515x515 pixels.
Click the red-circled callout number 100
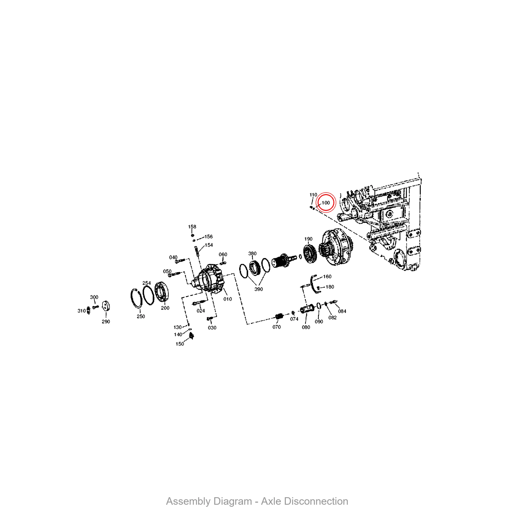point(325,203)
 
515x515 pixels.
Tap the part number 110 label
point(313,195)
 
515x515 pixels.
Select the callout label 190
point(308,239)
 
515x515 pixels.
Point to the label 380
point(252,253)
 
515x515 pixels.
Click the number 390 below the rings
point(258,289)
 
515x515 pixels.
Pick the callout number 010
point(227,299)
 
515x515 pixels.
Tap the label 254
point(147,283)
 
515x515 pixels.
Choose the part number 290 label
point(106,321)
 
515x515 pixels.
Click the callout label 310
point(82,311)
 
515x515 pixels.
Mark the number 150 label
point(180,344)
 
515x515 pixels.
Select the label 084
point(342,311)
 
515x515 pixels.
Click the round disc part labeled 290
point(106,306)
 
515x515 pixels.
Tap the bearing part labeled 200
point(161,292)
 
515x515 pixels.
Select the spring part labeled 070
point(279,316)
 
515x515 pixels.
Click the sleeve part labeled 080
point(307,310)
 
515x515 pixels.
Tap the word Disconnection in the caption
point(304,501)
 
